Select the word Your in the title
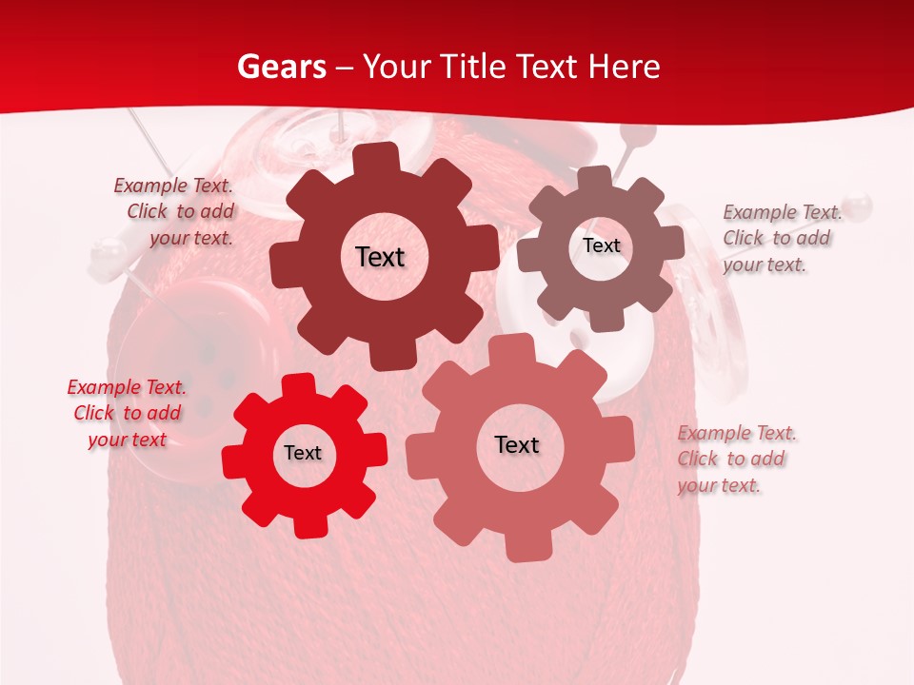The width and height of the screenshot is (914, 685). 391,67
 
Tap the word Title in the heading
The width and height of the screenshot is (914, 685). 470,67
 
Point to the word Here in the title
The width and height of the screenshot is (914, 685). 624,67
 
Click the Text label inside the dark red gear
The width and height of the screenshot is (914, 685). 380,257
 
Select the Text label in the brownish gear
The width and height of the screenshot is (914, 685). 601,245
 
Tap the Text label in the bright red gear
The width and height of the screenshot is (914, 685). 303,453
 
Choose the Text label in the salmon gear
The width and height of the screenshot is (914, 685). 517,444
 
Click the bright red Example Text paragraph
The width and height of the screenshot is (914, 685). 127,413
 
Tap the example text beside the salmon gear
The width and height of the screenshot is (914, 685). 735,459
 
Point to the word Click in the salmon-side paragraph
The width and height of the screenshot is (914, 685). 698,459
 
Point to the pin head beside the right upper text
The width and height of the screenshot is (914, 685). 858,204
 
